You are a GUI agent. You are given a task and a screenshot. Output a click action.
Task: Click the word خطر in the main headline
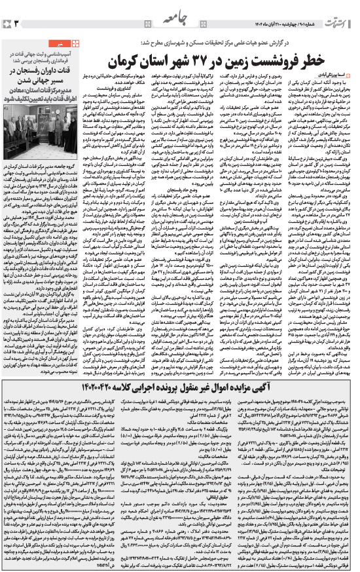tap(336, 62)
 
